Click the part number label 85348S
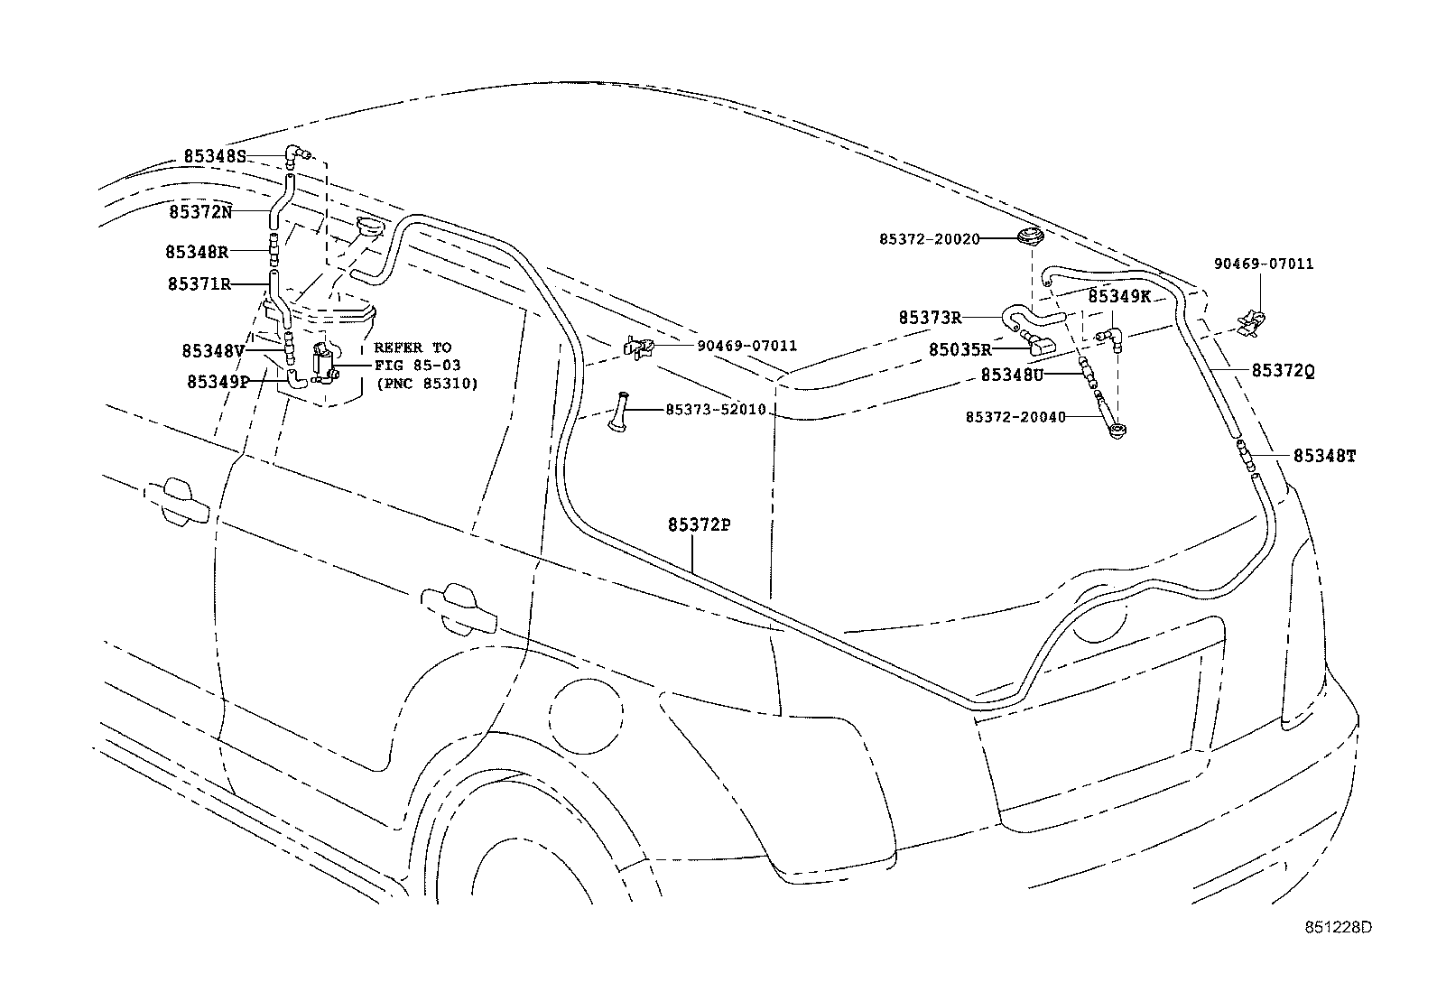(215, 156)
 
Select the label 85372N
(200, 212)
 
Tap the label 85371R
(199, 284)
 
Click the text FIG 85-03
(417, 365)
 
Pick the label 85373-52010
(715, 410)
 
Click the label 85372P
(699, 524)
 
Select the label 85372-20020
(929, 239)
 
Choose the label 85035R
(960, 349)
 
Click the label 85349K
(1119, 296)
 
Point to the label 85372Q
(1283, 370)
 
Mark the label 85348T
(1324, 457)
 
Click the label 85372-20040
(1015, 417)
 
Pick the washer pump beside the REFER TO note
(322, 363)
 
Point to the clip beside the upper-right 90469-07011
(1253, 320)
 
